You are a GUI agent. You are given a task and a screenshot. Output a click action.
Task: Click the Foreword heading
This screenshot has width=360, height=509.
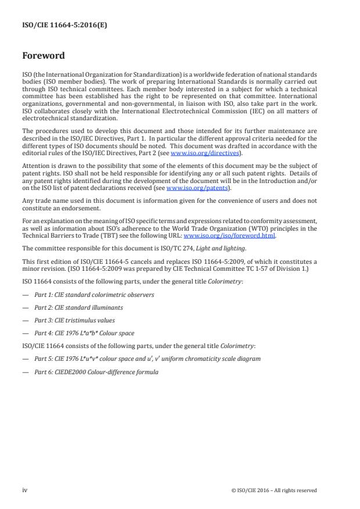coord(44,57)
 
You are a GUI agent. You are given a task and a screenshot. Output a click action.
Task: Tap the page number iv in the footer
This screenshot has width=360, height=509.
coord(25,490)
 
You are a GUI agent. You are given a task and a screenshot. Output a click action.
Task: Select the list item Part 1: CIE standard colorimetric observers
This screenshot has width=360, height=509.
coord(94,295)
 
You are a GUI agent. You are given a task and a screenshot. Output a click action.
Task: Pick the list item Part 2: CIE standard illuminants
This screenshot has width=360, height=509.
coord(78,307)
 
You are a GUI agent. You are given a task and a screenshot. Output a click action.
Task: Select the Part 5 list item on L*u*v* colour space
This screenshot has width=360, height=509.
coord(147,359)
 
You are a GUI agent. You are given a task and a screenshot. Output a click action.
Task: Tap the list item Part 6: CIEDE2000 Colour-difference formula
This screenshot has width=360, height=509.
coord(96,371)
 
